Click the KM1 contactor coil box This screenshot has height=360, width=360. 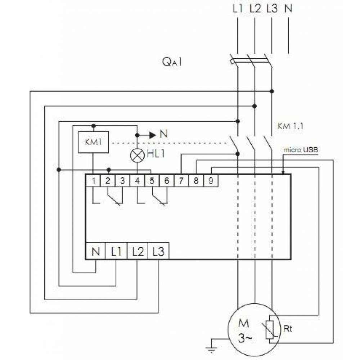tap(94, 142)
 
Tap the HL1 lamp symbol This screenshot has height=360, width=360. tap(137, 156)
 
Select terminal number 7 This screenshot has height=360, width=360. tap(181, 180)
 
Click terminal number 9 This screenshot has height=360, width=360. tap(211, 180)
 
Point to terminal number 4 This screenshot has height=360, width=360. tap(137, 180)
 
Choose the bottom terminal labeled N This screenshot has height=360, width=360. tap(95, 251)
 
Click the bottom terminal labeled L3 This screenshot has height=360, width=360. tap(158, 251)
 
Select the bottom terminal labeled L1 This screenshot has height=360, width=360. tap(116, 251)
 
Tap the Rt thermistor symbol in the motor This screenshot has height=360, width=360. tap(270, 330)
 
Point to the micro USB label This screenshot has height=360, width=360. tap(301, 150)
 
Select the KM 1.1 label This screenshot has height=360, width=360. tap(290, 126)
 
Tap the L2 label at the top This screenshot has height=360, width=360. tap(255, 9)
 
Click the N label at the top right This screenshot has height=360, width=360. tap(288, 9)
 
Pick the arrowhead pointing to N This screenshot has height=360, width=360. tap(153, 135)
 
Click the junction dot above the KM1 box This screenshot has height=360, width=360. tap(94, 126)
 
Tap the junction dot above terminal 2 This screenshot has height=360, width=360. tap(109, 170)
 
